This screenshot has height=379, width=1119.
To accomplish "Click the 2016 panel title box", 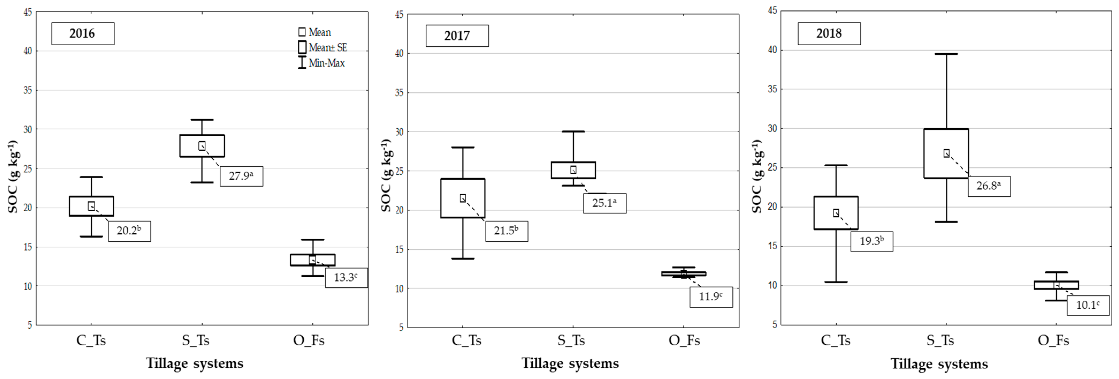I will pos(83,33).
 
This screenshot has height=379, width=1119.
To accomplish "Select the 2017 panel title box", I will pos(457,36).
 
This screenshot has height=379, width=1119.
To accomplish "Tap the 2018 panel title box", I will pos(829,33).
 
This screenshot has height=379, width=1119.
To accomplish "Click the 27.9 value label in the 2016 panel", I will pos(241,176).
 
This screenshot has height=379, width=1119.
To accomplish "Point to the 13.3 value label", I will pos(346,277).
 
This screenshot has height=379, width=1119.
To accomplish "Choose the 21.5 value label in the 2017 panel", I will pos(506,231).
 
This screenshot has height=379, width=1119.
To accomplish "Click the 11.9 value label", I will pos(711,297).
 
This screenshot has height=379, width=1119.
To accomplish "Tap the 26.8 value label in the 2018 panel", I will pos(989,186).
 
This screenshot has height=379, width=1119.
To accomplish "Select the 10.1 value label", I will pos(1088,305).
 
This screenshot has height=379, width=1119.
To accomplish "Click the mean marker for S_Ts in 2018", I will pos(946,153).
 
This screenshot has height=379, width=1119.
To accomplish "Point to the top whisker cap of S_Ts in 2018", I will pos(946,54).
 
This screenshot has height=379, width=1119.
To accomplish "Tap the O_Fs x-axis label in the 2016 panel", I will pos(309,340).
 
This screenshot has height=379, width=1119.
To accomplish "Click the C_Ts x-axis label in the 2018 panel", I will pos(835,340).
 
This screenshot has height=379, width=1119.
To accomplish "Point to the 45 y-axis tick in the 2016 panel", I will pos(27,12).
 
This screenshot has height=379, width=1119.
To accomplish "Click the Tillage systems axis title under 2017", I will pos(570,363).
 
